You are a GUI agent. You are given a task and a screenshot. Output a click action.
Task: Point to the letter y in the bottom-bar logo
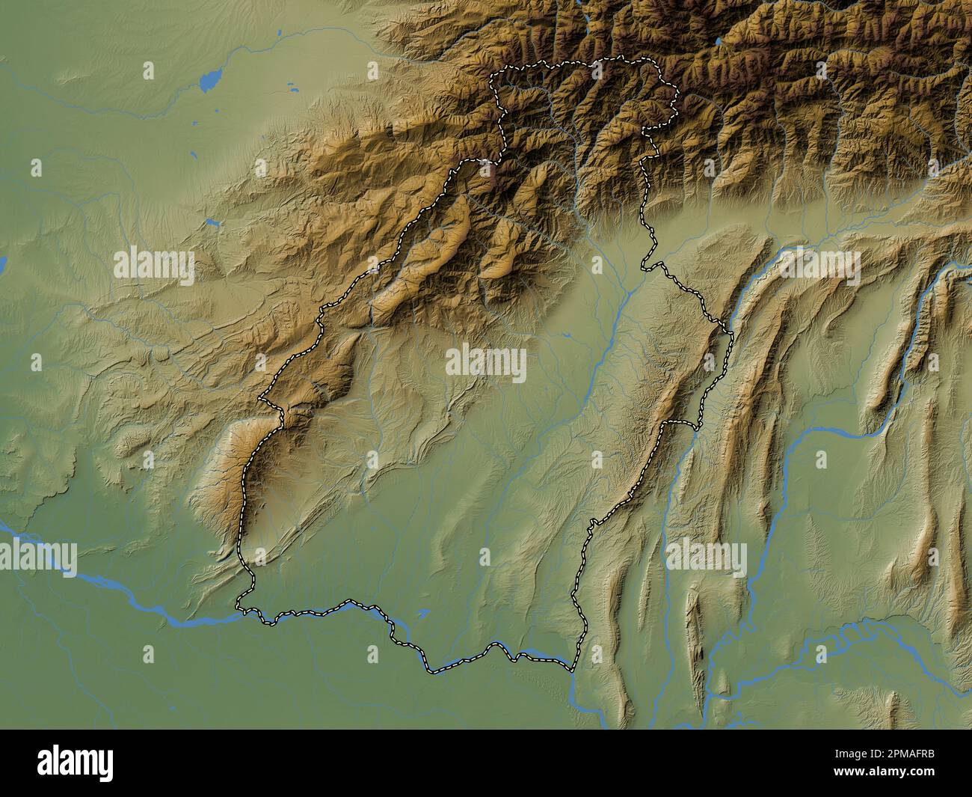tap(105, 765)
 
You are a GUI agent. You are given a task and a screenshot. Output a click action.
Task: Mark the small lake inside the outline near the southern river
tap(423, 613)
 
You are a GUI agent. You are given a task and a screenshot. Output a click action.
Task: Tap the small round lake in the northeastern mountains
tap(720, 42)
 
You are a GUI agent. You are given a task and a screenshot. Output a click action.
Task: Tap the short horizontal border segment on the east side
tap(680, 424)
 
